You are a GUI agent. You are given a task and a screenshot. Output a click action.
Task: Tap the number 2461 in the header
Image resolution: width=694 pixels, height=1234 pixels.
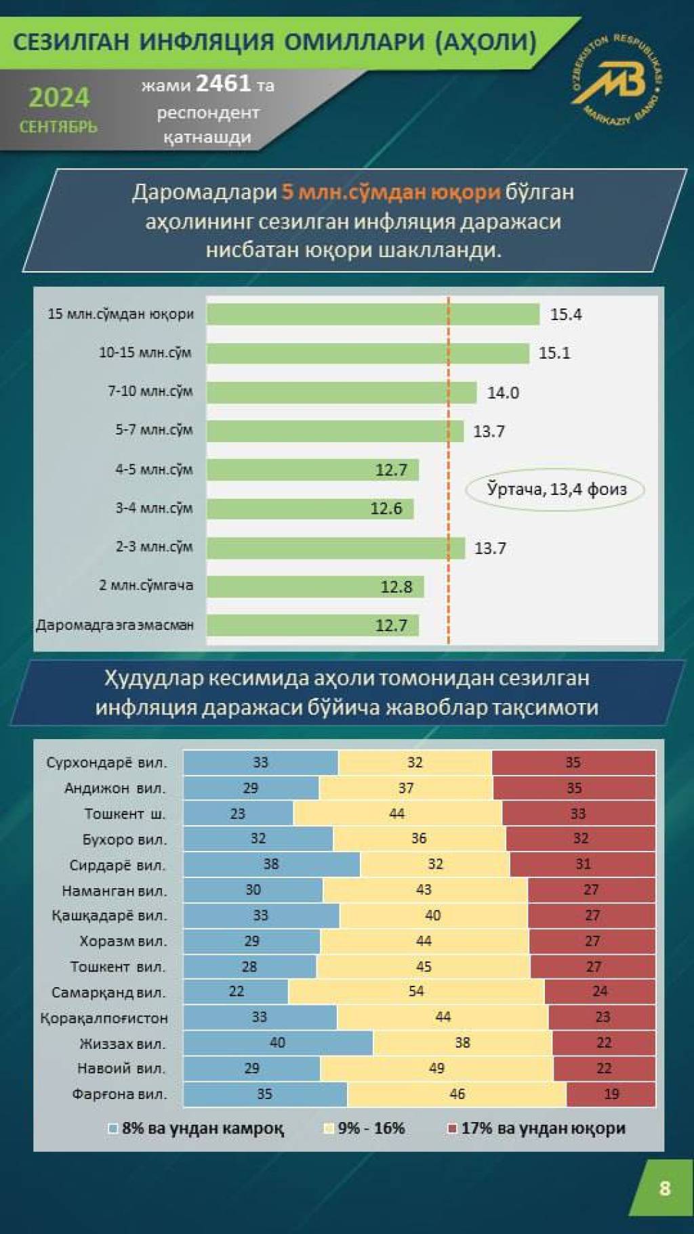pyautogui.click(x=223, y=84)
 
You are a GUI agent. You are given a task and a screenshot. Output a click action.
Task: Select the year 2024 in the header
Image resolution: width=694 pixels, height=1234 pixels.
pyautogui.click(x=59, y=98)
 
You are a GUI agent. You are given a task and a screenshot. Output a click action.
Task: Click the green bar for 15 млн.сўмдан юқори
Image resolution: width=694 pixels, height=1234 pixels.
pyautogui.click(x=373, y=314)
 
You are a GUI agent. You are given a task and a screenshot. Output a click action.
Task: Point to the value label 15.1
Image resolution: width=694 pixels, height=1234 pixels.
pyautogui.click(x=554, y=353)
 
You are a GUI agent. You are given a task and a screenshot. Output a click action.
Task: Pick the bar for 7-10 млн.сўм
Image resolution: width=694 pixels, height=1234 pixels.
pyautogui.click(x=342, y=392)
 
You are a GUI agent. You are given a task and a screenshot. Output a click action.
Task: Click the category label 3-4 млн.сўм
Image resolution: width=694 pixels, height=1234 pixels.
pyautogui.click(x=153, y=508)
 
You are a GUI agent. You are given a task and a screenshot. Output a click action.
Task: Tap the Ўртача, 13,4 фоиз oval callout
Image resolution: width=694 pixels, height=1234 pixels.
pyautogui.click(x=556, y=489)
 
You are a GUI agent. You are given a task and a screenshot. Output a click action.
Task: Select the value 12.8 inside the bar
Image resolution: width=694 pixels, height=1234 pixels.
pyautogui.click(x=396, y=586)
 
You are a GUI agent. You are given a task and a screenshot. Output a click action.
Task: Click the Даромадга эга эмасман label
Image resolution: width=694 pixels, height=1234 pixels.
pyautogui.click(x=115, y=625)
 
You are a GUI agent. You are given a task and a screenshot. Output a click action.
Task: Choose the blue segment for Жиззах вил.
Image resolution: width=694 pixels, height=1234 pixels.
pyautogui.click(x=278, y=1043)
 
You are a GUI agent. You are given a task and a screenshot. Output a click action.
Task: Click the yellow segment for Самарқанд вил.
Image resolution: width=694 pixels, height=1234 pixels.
pyautogui.click(x=416, y=991)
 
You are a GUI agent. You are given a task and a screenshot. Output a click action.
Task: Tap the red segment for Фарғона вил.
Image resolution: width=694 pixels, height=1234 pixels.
pyautogui.click(x=611, y=1094)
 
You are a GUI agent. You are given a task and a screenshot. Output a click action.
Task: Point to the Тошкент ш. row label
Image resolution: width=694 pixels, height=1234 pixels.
pyautogui.click(x=125, y=814)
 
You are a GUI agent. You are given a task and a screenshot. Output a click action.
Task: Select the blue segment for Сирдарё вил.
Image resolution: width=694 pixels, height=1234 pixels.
pyautogui.click(x=271, y=864)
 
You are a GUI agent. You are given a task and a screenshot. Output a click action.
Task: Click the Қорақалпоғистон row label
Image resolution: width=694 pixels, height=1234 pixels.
pyautogui.click(x=104, y=1018)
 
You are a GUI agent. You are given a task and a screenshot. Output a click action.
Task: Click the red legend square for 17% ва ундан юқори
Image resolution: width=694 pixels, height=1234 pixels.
pyautogui.click(x=453, y=1128)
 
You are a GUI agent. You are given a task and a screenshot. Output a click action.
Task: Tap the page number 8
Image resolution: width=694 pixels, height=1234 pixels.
pyautogui.click(x=664, y=1188)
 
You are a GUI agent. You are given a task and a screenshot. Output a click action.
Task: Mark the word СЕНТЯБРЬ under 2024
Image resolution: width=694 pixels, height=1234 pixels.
pyautogui.click(x=58, y=127)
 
